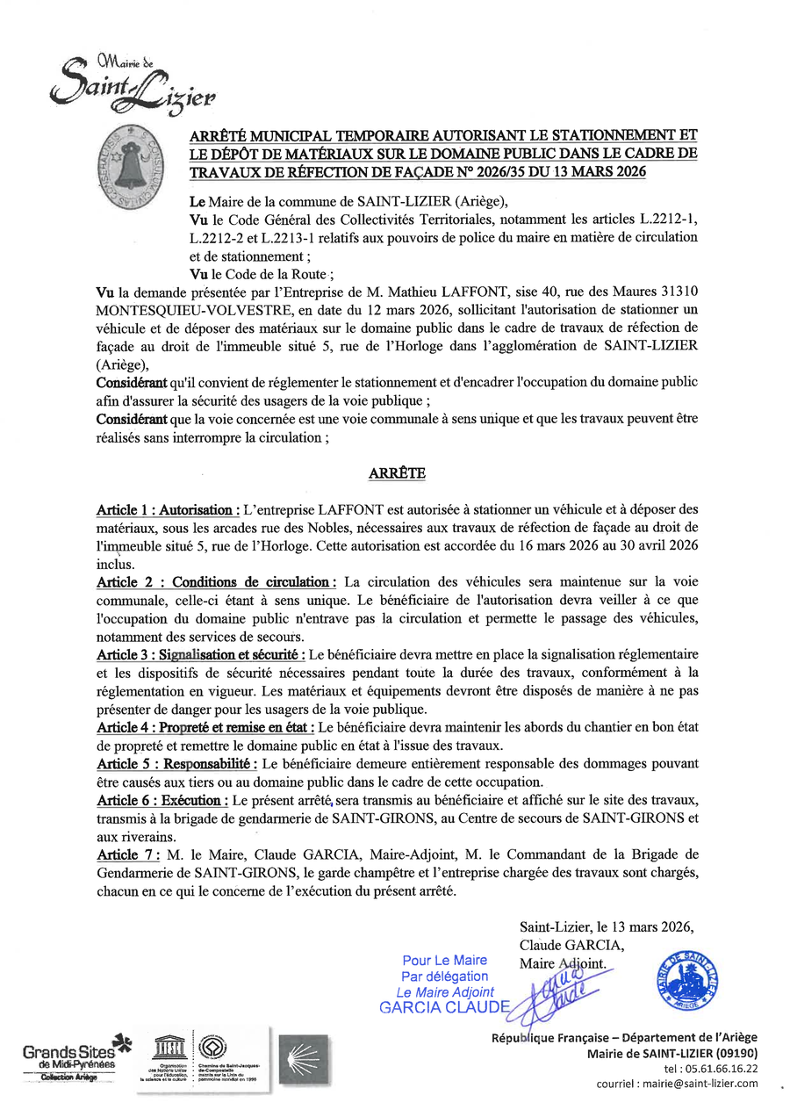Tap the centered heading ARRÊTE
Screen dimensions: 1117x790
pyautogui.click(x=397, y=473)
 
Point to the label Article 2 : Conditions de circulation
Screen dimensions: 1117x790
pyautogui.click(x=216, y=582)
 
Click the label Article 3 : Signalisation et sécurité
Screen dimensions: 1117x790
pyautogui.click(x=201, y=655)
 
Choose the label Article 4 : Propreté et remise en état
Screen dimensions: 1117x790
pyautogui.click(x=205, y=728)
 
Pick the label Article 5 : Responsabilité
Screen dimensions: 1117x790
pyautogui.click(x=176, y=764)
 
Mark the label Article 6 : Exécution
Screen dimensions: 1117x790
pyautogui.click(x=163, y=801)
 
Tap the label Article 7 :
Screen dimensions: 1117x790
pyautogui.click(x=129, y=855)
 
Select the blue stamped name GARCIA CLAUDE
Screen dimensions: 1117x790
pyautogui.click(x=444, y=1007)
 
